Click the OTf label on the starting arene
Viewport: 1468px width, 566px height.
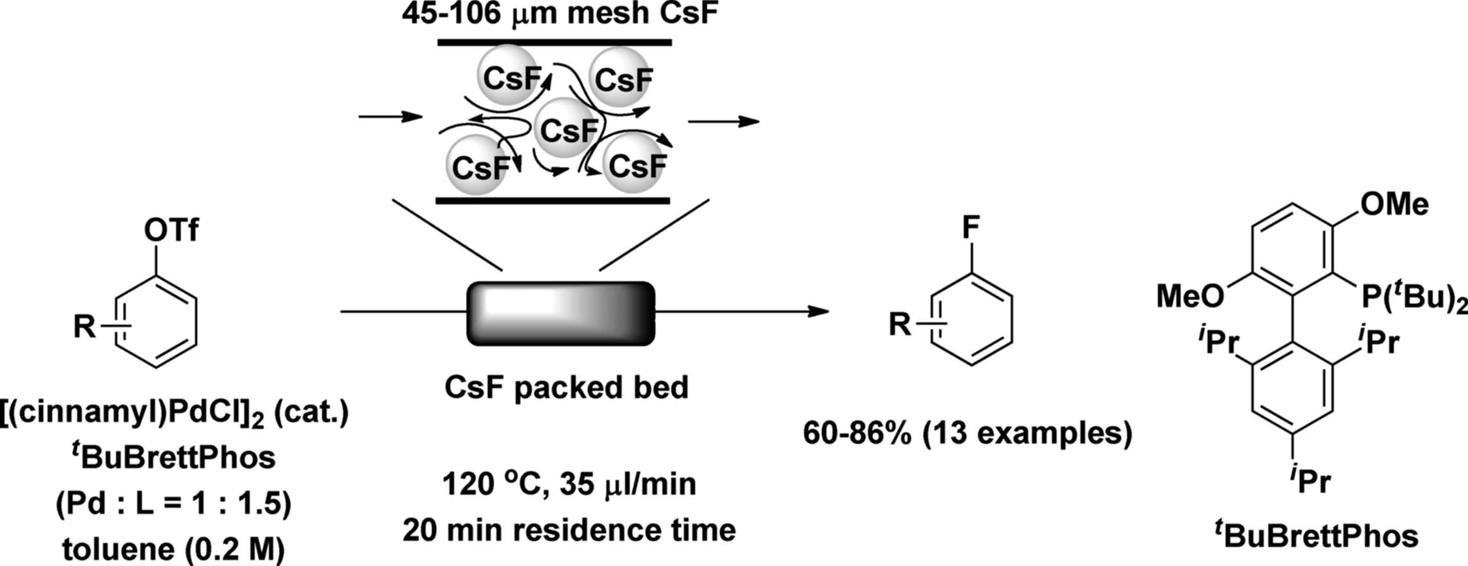pos(170,232)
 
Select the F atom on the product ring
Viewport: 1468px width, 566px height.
pos(971,228)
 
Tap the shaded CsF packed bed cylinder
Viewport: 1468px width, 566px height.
pos(561,314)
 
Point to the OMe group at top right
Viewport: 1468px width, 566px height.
pos(1394,204)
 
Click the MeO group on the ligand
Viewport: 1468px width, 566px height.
pos(1191,296)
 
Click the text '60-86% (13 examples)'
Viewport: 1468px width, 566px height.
pos(968,434)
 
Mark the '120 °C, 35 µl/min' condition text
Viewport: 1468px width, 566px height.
pos(569,485)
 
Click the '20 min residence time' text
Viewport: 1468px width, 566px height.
pos(569,529)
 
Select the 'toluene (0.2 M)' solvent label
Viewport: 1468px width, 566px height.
pos(174,550)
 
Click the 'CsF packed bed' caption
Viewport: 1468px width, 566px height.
pos(566,387)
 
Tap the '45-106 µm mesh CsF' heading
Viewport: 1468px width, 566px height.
pos(561,14)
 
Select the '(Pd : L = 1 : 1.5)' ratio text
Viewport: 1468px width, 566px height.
pos(174,505)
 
